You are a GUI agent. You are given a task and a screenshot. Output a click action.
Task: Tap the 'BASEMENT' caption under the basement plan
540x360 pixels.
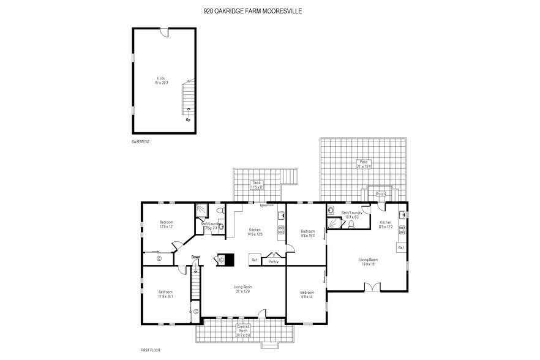tap(141, 141)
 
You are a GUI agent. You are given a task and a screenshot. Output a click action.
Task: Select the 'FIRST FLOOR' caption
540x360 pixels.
tap(150, 350)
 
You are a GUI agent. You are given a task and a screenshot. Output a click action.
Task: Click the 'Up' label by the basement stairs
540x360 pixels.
tap(188, 119)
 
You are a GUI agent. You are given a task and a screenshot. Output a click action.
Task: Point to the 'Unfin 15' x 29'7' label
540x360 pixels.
tap(162, 81)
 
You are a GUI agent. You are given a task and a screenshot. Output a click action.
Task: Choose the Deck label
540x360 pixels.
tap(257, 184)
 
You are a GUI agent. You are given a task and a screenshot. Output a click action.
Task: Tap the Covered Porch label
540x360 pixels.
tap(243, 331)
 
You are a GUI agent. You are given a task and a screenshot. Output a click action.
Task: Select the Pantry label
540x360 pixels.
tap(273, 261)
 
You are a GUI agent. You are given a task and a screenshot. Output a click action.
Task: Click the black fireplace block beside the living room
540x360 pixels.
tap(228, 260)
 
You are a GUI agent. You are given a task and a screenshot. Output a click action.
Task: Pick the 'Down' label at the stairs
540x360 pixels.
tap(195, 257)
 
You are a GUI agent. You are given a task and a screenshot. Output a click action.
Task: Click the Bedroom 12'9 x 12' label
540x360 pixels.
tap(167, 224)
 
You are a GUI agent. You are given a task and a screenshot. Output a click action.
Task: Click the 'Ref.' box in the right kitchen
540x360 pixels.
tap(401, 247)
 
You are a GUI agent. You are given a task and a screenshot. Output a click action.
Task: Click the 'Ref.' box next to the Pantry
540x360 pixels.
tap(254, 260)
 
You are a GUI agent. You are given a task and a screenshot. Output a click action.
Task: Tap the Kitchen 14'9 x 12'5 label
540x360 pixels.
tap(255, 232)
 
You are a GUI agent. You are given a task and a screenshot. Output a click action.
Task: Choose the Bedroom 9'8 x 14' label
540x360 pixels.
tap(307, 294)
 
